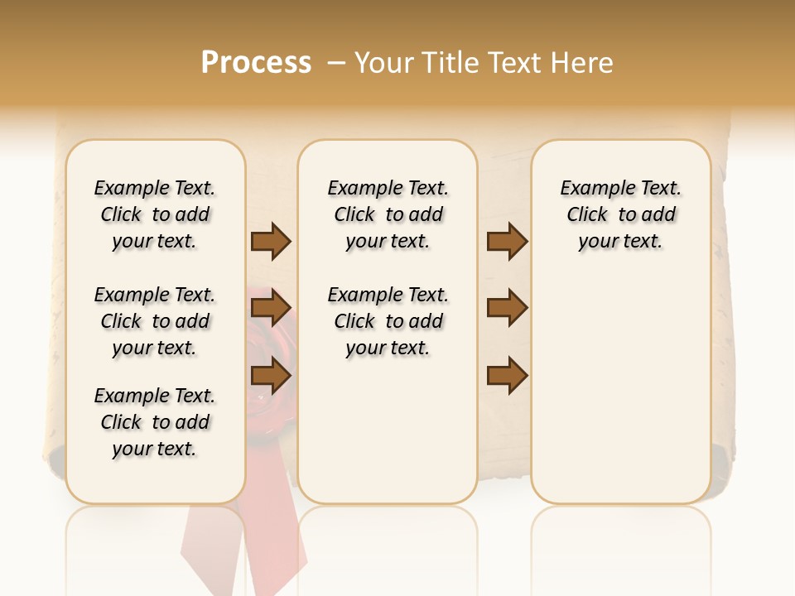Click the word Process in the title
tap(256, 63)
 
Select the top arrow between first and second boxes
tap(271, 242)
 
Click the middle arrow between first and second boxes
tap(271, 309)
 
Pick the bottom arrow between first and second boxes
tap(271, 377)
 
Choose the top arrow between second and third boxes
tap(507, 242)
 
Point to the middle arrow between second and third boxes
tap(507, 309)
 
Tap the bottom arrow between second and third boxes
tap(507, 377)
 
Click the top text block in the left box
tap(155, 214)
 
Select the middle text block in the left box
tap(155, 321)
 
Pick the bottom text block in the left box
tap(155, 422)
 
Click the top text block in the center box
tap(388, 214)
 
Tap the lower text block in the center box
tap(388, 321)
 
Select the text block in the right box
tap(620, 214)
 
